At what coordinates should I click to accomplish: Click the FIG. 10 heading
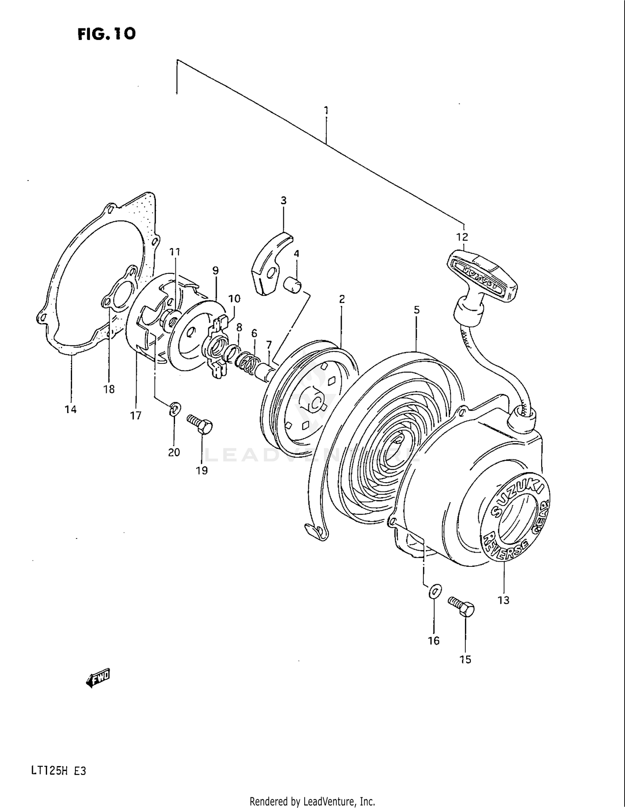click(x=107, y=34)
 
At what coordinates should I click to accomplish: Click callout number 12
click(x=462, y=237)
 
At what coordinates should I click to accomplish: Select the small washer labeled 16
click(x=434, y=591)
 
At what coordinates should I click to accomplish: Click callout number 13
click(x=504, y=600)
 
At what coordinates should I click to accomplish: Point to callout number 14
click(x=71, y=409)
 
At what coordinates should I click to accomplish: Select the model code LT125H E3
click(x=58, y=771)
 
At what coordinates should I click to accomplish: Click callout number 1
click(x=326, y=110)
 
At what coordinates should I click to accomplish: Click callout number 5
click(x=417, y=310)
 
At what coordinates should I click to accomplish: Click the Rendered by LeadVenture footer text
click(x=312, y=801)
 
